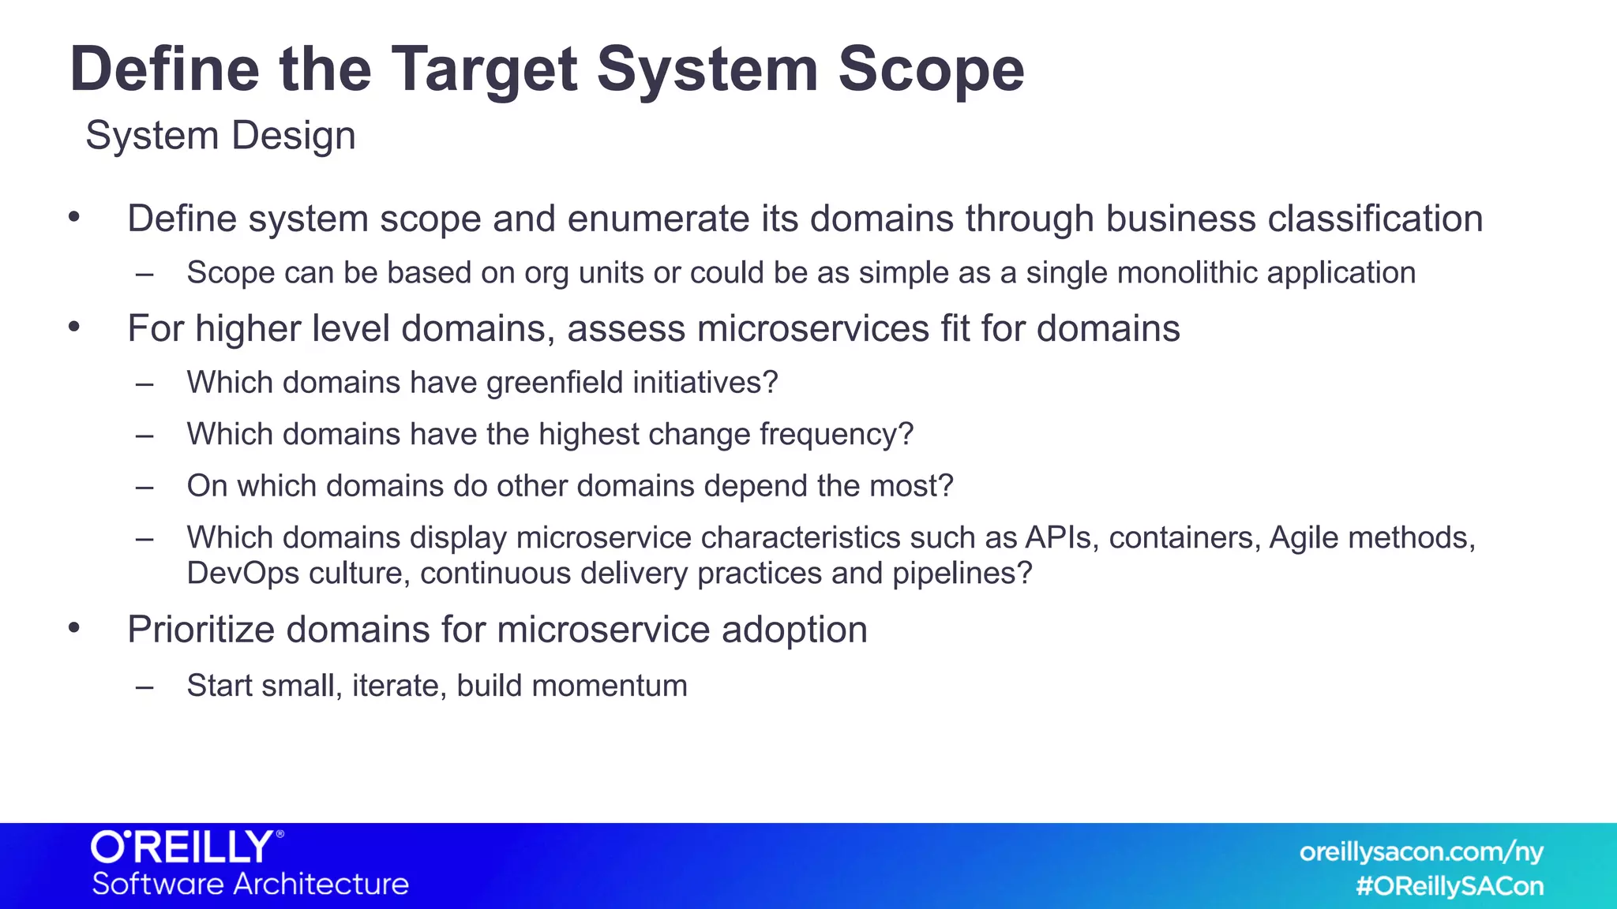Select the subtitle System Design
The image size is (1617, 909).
(x=220, y=136)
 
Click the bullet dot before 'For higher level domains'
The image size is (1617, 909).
(x=74, y=327)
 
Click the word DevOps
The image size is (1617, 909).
(x=242, y=574)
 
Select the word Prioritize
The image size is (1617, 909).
(x=201, y=630)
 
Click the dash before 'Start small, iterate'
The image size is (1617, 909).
(x=144, y=686)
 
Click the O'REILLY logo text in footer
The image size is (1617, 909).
(x=183, y=847)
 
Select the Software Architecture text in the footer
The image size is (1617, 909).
(x=250, y=885)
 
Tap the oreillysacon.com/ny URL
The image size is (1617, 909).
(x=1420, y=852)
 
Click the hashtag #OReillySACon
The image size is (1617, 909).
(x=1449, y=887)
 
